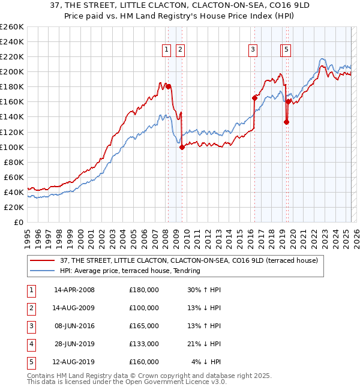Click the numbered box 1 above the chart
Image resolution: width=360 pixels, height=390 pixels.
pos(165,50)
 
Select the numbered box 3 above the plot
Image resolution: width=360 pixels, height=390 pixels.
pos(253,50)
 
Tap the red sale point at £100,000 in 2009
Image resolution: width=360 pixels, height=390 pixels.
pos(182,147)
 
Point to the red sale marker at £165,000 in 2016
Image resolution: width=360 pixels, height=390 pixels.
pos(254,98)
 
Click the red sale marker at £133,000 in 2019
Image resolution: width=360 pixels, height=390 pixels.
pos(286,122)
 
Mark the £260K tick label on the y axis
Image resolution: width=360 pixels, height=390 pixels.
pos(12,27)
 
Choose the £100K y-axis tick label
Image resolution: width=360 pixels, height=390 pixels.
pos(12,147)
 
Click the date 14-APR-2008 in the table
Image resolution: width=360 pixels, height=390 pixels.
pos(74,290)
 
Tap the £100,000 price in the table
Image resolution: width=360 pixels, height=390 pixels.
pos(144,308)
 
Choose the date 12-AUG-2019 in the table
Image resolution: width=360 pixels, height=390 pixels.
pos(74,362)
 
